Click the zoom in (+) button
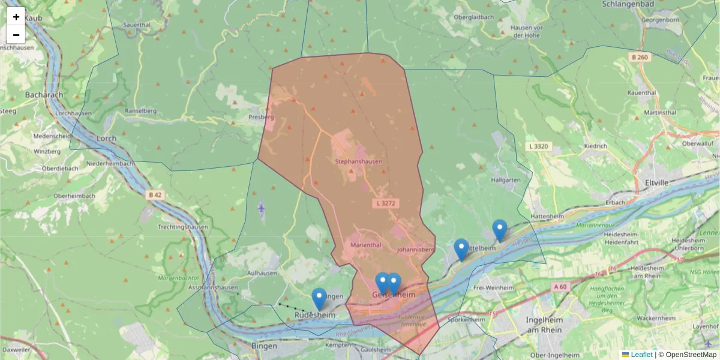tap(16, 17)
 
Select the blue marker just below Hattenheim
tap(499, 230)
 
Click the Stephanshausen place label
tap(358, 161)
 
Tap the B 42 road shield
tap(155, 194)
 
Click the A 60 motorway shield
tap(560, 287)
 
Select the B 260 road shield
tap(640, 57)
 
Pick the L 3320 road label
tap(538, 146)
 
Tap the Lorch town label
tap(106, 138)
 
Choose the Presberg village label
tap(261, 117)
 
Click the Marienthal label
tap(365, 245)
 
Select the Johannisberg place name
tap(415, 249)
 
